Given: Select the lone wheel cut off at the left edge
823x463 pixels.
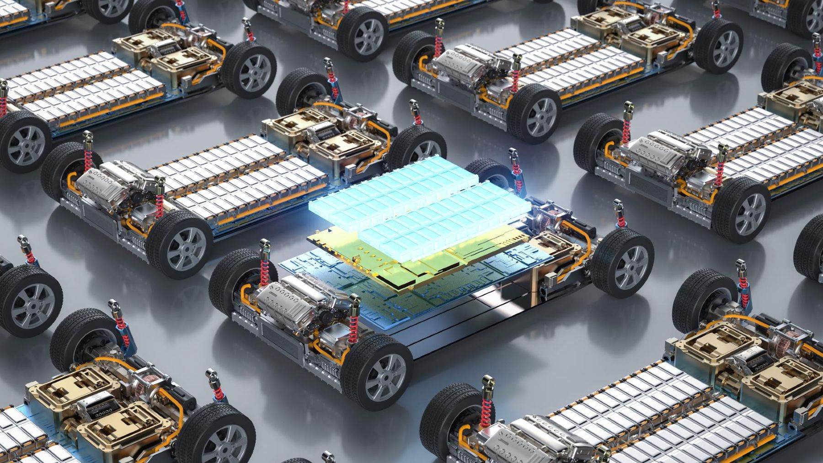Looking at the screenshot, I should [27, 302].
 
